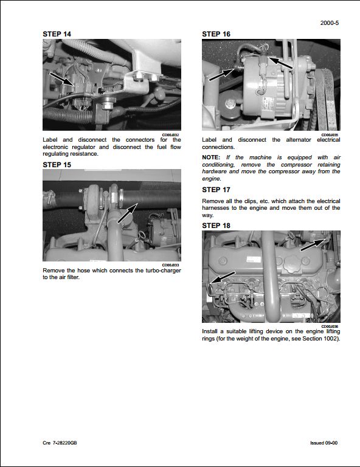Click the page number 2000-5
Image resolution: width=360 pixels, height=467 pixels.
[x=330, y=24]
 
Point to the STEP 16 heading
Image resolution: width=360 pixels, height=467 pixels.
[x=216, y=35]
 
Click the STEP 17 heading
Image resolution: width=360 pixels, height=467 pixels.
[x=216, y=190]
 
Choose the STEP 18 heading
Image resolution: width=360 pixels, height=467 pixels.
[x=216, y=226]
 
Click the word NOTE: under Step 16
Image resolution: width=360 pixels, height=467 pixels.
[x=211, y=157]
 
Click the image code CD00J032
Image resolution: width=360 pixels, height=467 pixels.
[x=171, y=135]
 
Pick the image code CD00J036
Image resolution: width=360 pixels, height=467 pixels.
[x=330, y=326]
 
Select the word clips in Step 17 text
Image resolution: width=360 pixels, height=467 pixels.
[x=251, y=201]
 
